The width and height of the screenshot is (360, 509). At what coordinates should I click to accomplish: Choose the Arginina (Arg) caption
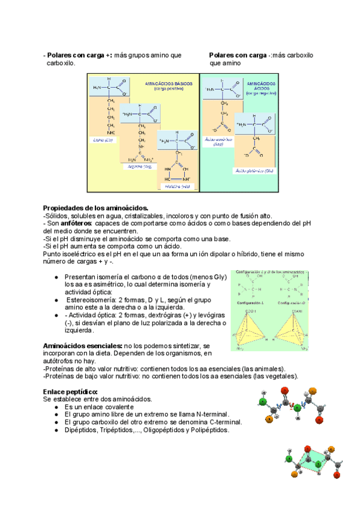pyautogui.click(x=137, y=166)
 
